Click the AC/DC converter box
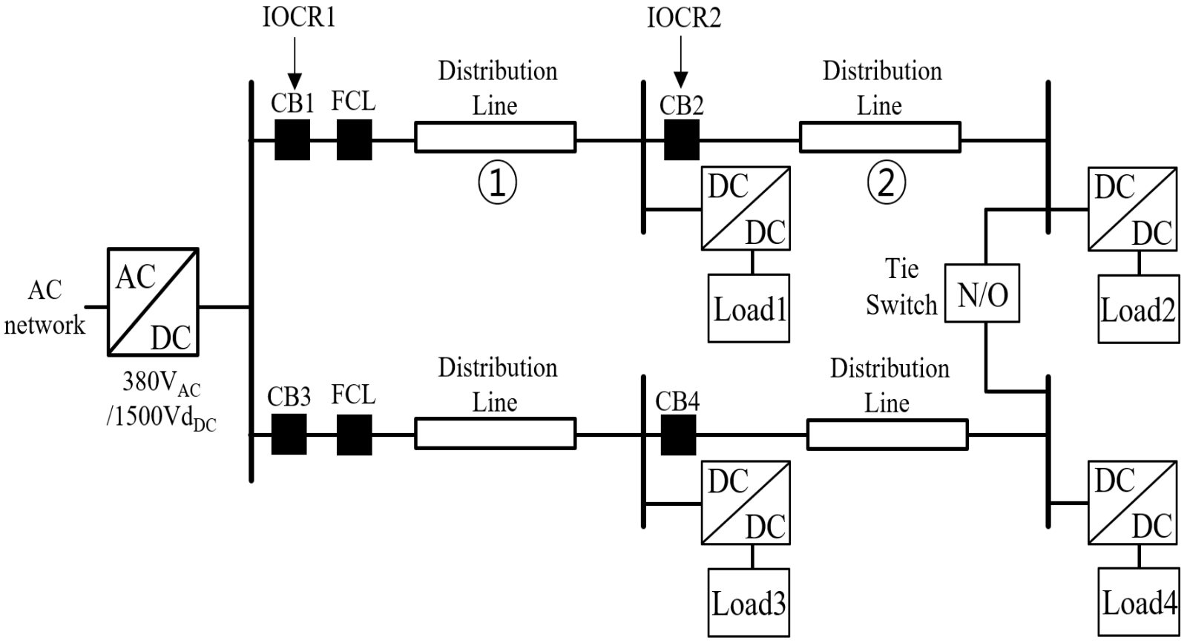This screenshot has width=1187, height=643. click(x=153, y=301)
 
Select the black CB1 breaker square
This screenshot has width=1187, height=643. click(x=292, y=139)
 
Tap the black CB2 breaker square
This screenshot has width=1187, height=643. click(x=681, y=139)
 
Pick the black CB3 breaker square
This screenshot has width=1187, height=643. click(x=289, y=435)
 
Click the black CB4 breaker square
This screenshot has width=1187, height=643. click(x=678, y=435)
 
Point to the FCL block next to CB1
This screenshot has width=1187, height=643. click(x=354, y=139)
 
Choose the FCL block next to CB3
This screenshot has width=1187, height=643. click(x=354, y=435)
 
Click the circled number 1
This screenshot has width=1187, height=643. click(x=496, y=183)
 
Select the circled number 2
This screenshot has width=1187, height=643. click(x=886, y=183)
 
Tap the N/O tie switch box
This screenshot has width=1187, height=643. click(x=982, y=293)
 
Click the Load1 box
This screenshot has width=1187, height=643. click(x=749, y=308)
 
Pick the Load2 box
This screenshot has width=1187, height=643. click(x=1138, y=309)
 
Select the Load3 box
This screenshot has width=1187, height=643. click(x=749, y=602)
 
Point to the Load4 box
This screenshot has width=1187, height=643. click(x=1138, y=602)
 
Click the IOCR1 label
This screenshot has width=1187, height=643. click(x=299, y=17)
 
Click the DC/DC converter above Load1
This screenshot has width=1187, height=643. click(x=746, y=208)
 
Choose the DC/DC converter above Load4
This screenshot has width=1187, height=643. click(x=1132, y=502)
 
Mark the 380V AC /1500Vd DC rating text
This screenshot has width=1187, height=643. click(x=162, y=400)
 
